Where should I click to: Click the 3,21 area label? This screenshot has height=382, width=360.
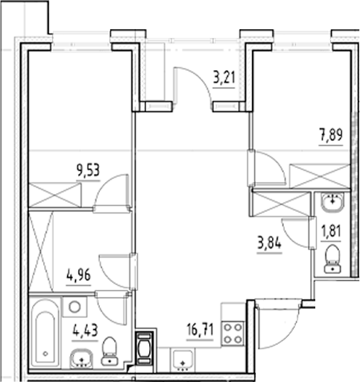point(224,77)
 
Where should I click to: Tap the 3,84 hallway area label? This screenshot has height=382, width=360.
point(271,243)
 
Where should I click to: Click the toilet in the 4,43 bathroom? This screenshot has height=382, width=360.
point(111,350)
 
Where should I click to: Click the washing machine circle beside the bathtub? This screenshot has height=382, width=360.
point(73,307)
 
